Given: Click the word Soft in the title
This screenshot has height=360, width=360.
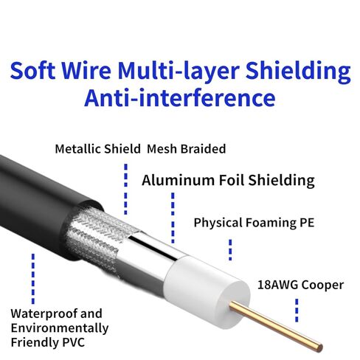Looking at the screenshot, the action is (x=32, y=70).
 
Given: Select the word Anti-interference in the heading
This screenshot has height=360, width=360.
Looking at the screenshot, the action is (x=180, y=98).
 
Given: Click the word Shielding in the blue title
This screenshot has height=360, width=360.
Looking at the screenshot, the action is (x=298, y=71).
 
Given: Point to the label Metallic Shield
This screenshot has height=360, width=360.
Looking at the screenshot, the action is (x=97, y=149).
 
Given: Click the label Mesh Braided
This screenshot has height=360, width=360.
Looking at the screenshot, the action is (x=186, y=149).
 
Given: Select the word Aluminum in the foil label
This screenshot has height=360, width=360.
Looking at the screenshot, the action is (x=179, y=180).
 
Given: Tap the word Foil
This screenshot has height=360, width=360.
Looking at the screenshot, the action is (x=232, y=180).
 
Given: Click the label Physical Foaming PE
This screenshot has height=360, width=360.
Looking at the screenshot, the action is (x=254, y=223).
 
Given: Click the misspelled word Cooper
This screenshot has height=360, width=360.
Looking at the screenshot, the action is (x=322, y=285).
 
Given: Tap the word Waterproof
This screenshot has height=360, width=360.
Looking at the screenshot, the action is (x=44, y=314).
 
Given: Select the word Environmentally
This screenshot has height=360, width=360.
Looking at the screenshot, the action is (x=60, y=328).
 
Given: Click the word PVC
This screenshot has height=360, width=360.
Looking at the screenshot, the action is (x=74, y=342).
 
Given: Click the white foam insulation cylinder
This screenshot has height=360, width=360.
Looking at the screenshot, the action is (x=207, y=290).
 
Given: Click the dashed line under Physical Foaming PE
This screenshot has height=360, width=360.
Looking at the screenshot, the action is (x=230, y=250).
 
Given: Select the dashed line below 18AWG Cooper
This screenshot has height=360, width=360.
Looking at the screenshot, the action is (x=297, y=311).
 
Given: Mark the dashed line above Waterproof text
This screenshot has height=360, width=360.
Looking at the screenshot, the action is (x=33, y=279).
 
